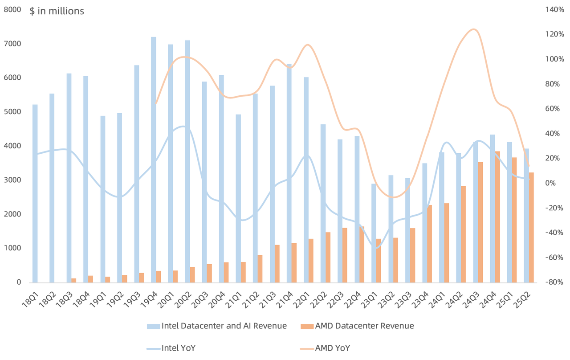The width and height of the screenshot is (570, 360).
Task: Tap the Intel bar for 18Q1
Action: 35,193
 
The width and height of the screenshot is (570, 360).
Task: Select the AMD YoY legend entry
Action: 332,348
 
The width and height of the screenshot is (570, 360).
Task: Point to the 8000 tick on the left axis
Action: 12,9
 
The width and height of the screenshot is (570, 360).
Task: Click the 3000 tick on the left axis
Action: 12,180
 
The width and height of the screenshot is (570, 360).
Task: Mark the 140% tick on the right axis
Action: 554,9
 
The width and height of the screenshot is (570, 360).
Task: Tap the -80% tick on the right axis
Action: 554,282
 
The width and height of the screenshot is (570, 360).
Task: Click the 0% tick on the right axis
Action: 550,183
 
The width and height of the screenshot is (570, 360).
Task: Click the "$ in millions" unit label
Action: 57,11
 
